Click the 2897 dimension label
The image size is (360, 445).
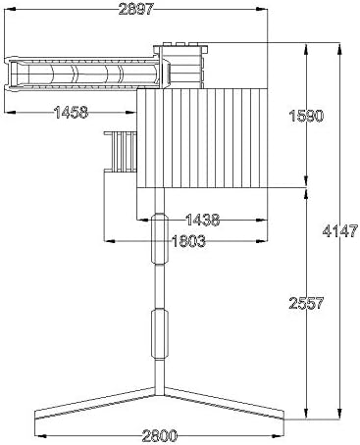point(135,9)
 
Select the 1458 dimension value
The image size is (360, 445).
point(71,113)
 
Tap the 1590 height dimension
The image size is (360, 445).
point(306,116)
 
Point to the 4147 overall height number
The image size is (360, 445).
point(340,230)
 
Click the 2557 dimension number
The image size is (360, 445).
point(306,303)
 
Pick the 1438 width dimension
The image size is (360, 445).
point(203,220)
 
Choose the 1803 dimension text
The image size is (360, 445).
point(188,241)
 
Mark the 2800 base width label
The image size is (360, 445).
point(160,435)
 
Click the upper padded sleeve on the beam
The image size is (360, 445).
point(160,238)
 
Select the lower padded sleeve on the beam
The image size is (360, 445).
point(160,334)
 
